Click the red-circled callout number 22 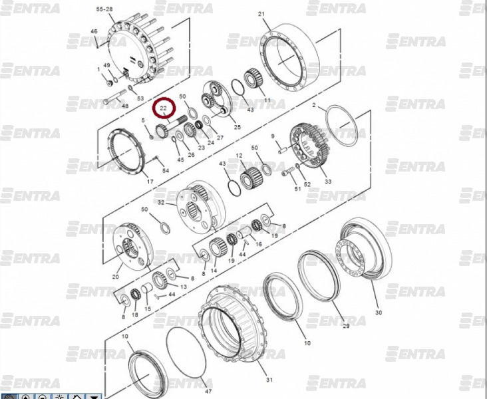coord(164,108)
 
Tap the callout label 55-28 coord(104,9)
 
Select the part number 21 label coord(261,14)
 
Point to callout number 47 coord(208,391)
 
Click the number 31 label coord(269,380)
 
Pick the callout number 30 coord(379,313)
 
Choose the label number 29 coord(346,326)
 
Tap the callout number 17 coord(150,182)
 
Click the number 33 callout coord(328,182)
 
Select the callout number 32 coord(161,202)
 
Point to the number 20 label coord(115,277)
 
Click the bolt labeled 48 coord(114,97)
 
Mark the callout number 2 coord(314,105)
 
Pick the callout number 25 coord(238,127)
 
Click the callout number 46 coord(94,31)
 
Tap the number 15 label coord(148,309)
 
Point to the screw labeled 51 coord(288,172)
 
